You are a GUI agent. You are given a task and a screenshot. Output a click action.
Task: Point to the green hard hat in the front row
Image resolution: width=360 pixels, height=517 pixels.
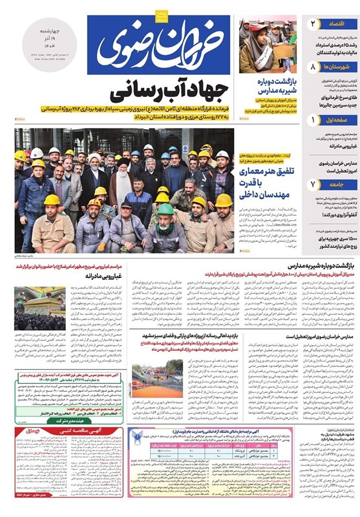point(166,209)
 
